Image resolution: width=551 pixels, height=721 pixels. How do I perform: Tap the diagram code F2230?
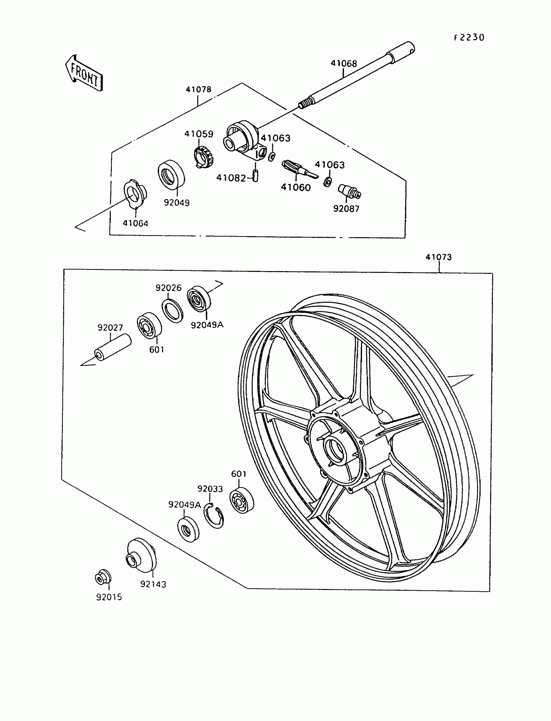(x=469, y=38)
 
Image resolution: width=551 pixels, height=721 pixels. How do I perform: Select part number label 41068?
(x=343, y=63)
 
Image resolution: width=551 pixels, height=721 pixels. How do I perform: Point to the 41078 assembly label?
(x=198, y=90)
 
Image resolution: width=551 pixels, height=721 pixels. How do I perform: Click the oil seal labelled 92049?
(x=171, y=174)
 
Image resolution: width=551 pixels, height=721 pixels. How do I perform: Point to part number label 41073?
(x=439, y=257)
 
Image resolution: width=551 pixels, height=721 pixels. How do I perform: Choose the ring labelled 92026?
(x=172, y=310)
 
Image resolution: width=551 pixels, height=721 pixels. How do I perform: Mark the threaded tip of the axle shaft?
(x=304, y=104)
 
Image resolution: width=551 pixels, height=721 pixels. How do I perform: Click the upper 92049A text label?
(x=207, y=325)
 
